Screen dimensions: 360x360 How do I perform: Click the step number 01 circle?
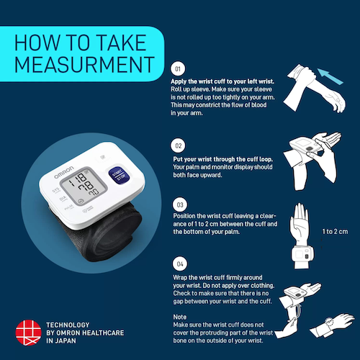[178, 68]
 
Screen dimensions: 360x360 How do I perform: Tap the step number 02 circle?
[178, 145]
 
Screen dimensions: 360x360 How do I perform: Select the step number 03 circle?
[180, 204]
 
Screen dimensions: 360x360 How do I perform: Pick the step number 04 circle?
[180, 264]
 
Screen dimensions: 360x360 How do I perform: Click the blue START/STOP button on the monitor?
[119, 176]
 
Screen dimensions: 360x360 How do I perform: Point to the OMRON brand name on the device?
[64, 172]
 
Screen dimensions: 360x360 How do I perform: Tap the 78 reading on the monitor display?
[86, 186]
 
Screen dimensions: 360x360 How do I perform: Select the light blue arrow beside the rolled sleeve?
[330, 76]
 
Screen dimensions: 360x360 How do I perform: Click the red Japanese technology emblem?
[28, 333]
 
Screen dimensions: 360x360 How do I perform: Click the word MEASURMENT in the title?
[84, 65]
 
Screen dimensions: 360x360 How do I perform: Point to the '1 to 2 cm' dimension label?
[335, 232]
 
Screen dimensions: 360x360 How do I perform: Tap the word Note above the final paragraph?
[180, 317]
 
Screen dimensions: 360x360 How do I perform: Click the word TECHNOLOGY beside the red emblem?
[68, 325]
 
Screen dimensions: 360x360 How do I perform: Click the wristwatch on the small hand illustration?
[329, 322]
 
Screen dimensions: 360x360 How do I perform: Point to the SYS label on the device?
[56, 191]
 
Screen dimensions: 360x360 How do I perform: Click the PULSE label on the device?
[69, 207]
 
